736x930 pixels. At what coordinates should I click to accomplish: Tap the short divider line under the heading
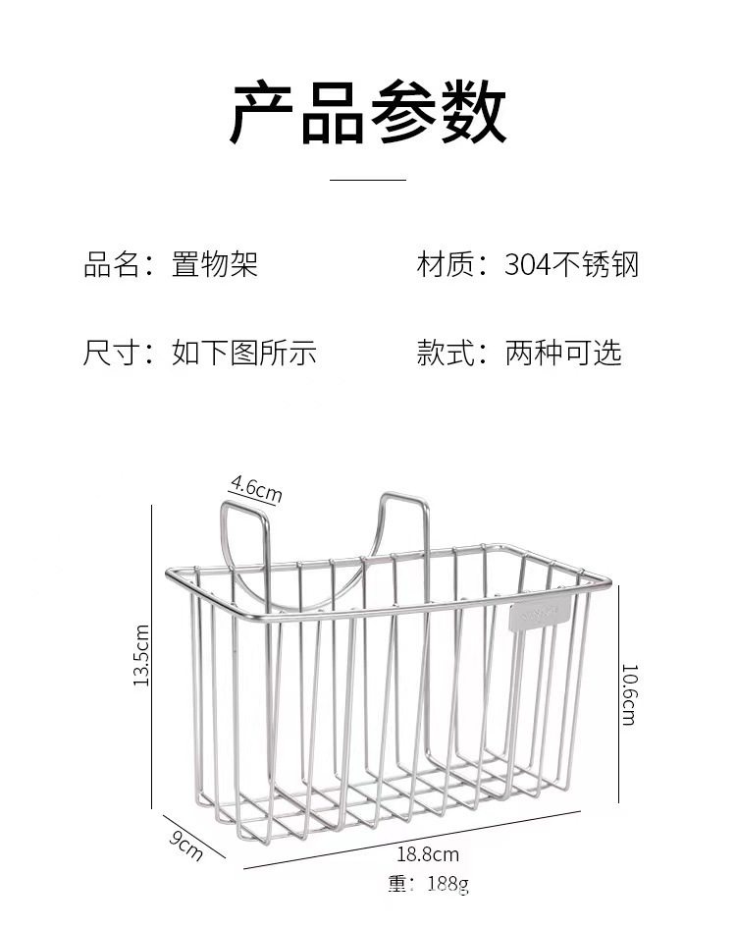click(368, 180)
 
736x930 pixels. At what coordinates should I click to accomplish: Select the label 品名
click(110, 264)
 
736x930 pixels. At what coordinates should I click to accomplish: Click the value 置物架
click(215, 264)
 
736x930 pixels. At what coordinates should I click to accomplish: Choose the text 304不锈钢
click(572, 264)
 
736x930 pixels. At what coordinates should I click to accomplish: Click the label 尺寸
click(110, 353)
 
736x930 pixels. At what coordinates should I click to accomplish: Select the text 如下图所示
click(244, 353)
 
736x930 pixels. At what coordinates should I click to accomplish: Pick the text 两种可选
click(563, 353)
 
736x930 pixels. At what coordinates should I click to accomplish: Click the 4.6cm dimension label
click(255, 487)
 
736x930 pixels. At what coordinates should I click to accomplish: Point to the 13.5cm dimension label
click(140, 655)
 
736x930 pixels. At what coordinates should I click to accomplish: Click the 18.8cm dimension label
click(428, 854)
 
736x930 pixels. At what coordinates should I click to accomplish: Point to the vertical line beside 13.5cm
click(152, 655)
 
